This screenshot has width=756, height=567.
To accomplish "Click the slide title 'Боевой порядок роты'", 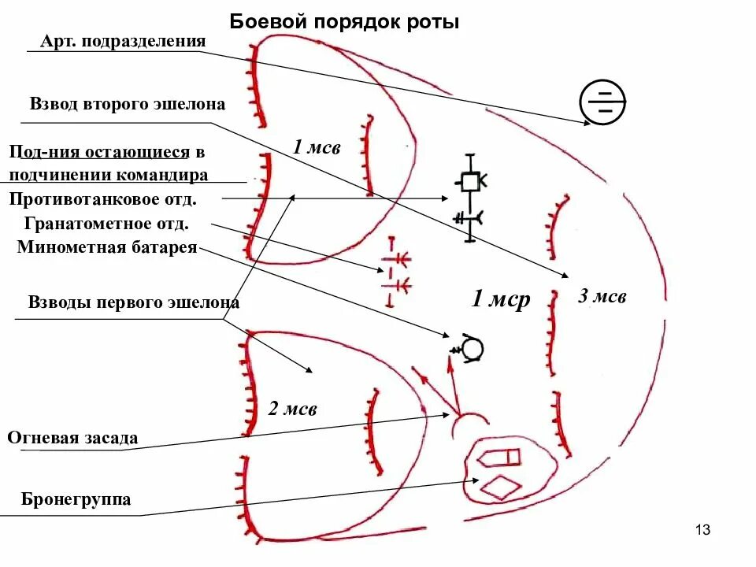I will pyautogui.click(x=344, y=21).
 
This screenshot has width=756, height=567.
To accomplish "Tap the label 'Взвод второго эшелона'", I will pyautogui.click(x=128, y=104).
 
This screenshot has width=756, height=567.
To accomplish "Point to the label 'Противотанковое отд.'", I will pyautogui.click(x=103, y=198).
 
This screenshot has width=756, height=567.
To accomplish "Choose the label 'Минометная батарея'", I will pyautogui.click(x=107, y=249).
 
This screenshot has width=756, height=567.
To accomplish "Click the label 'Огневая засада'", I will pyautogui.click(x=72, y=438).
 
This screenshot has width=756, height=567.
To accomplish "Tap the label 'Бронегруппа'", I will pyautogui.click(x=76, y=499).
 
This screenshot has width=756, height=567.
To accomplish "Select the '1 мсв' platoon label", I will pyautogui.click(x=317, y=147).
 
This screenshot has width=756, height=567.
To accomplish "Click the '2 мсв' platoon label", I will pyautogui.click(x=293, y=409).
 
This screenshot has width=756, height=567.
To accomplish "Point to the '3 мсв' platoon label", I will pyautogui.click(x=602, y=297).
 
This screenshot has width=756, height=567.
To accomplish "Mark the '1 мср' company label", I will pyautogui.click(x=501, y=299).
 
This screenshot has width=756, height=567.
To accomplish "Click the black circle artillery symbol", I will pyautogui.click(x=602, y=102).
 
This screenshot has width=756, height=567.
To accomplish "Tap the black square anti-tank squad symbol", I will pyautogui.click(x=471, y=182).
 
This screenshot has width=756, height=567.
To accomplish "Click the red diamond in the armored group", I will pyautogui.click(x=501, y=487).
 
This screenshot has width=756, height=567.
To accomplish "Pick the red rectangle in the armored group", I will pyautogui.click(x=500, y=458).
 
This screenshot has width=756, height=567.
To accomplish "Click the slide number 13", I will pyautogui.click(x=703, y=530).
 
